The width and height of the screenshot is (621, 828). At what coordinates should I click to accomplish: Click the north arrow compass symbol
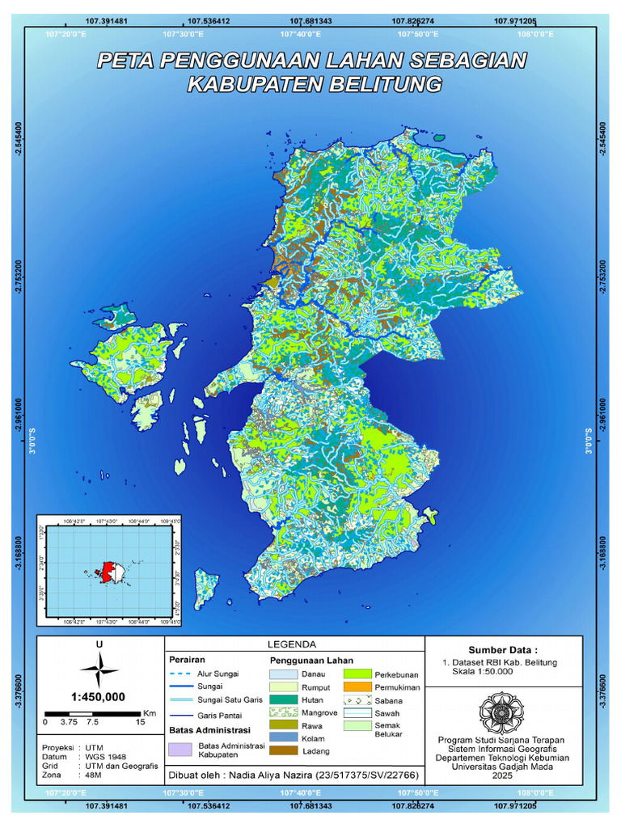(99, 670)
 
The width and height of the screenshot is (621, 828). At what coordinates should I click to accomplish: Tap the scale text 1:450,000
(98, 697)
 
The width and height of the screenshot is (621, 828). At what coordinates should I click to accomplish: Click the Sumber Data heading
(502, 649)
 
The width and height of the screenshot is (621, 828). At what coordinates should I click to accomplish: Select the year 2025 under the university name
(502, 775)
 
